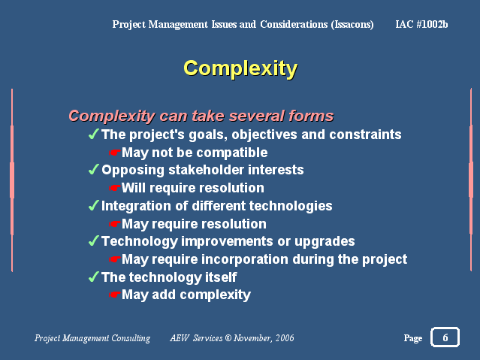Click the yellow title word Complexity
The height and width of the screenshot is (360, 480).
point(240,68)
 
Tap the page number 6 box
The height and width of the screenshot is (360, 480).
point(445,337)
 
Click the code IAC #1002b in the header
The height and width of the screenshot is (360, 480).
point(421,24)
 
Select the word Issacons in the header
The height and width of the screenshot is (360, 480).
point(352,24)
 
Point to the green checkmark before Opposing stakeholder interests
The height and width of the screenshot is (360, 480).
point(93,169)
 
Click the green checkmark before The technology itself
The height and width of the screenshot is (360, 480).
point(93,277)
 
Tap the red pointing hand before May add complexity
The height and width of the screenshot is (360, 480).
point(114,295)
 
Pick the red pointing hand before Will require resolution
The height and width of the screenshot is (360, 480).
point(114,187)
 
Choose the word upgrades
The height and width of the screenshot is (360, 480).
point(325,242)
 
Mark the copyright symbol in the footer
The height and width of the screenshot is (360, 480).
point(228,337)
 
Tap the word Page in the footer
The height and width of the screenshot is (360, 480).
point(413,338)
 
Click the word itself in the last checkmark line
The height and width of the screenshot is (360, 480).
point(221,277)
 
